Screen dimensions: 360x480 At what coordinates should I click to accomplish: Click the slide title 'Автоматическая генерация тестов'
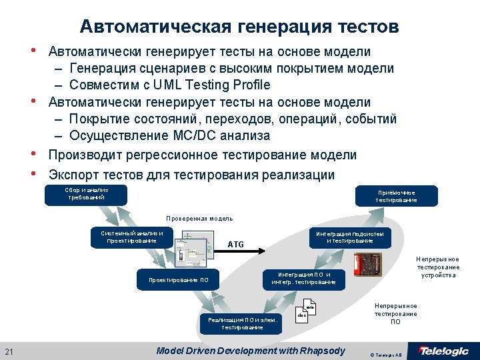click(x=239, y=27)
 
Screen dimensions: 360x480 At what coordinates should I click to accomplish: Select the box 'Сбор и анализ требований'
click(x=86, y=194)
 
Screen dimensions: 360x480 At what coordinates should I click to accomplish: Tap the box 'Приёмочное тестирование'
click(x=395, y=196)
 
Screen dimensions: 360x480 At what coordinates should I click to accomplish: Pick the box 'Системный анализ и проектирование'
click(x=132, y=237)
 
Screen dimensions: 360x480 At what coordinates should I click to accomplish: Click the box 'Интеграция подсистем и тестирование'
click(x=349, y=237)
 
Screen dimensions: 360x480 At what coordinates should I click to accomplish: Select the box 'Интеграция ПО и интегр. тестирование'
click(x=303, y=279)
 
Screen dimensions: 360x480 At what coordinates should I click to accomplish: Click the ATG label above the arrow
click(x=236, y=245)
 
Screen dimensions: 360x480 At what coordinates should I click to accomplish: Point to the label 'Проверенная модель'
click(x=199, y=219)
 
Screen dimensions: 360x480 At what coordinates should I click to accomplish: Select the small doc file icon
click(x=304, y=312)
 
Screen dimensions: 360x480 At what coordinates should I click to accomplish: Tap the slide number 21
click(x=9, y=352)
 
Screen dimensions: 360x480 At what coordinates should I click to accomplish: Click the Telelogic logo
click(x=443, y=351)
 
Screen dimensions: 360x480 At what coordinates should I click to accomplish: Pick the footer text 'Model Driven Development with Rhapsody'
click(x=250, y=351)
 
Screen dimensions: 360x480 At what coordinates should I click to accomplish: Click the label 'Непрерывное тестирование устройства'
click(x=438, y=267)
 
